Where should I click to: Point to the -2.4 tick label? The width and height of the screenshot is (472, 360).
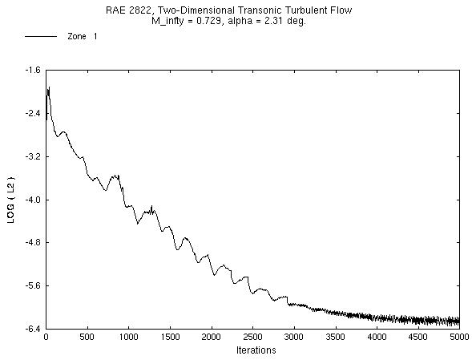[x=32, y=113]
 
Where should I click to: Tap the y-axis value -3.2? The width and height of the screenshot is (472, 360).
[x=32, y=156]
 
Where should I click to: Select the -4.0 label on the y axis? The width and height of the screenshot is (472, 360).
[x=32, y=200]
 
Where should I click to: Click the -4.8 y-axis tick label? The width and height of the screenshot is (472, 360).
[x=32, y=242]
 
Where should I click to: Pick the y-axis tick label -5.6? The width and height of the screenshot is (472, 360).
[x=32, y=285]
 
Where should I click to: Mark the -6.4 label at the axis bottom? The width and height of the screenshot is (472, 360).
[x=32, y=329]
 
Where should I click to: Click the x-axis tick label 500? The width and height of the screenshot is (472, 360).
[x=88, y=338]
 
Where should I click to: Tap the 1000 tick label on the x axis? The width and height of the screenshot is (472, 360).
[x=129, y=338]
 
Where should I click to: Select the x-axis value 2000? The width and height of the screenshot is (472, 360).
[x=212, y=338]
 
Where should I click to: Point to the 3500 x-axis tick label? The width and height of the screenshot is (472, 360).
[x=336, y=338]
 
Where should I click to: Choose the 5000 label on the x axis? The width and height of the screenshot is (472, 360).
[x=459, y=338]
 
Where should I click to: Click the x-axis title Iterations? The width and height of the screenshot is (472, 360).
[x=256, y=350]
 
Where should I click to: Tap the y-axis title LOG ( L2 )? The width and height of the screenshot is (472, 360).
[x=11, y=200]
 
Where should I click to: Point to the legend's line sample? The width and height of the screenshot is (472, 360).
[x=41, y=37]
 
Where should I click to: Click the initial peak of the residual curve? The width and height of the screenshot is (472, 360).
[x=49, y=87]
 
